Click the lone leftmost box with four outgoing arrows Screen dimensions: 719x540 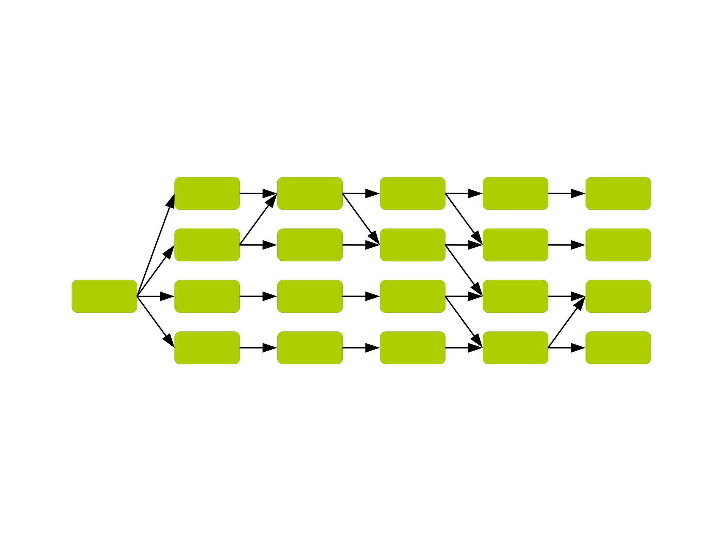(104, 296)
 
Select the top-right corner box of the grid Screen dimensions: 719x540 (618, 194)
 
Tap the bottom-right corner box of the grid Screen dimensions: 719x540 (618, 347)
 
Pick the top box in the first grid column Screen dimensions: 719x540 (207, 194)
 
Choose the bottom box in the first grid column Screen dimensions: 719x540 (207, 347)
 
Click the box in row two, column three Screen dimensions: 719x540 (413, 245)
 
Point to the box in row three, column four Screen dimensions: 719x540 (515, 296)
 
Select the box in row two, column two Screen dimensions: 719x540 (310, 245)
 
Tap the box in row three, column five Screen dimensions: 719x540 (618, 296)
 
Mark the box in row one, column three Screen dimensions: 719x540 (413, 194)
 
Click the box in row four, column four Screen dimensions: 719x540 (515, 347)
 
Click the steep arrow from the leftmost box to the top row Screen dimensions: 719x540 (156, 246)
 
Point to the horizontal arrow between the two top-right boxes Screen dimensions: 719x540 (566, 194)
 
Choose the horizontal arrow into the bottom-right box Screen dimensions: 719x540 (566, 348)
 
